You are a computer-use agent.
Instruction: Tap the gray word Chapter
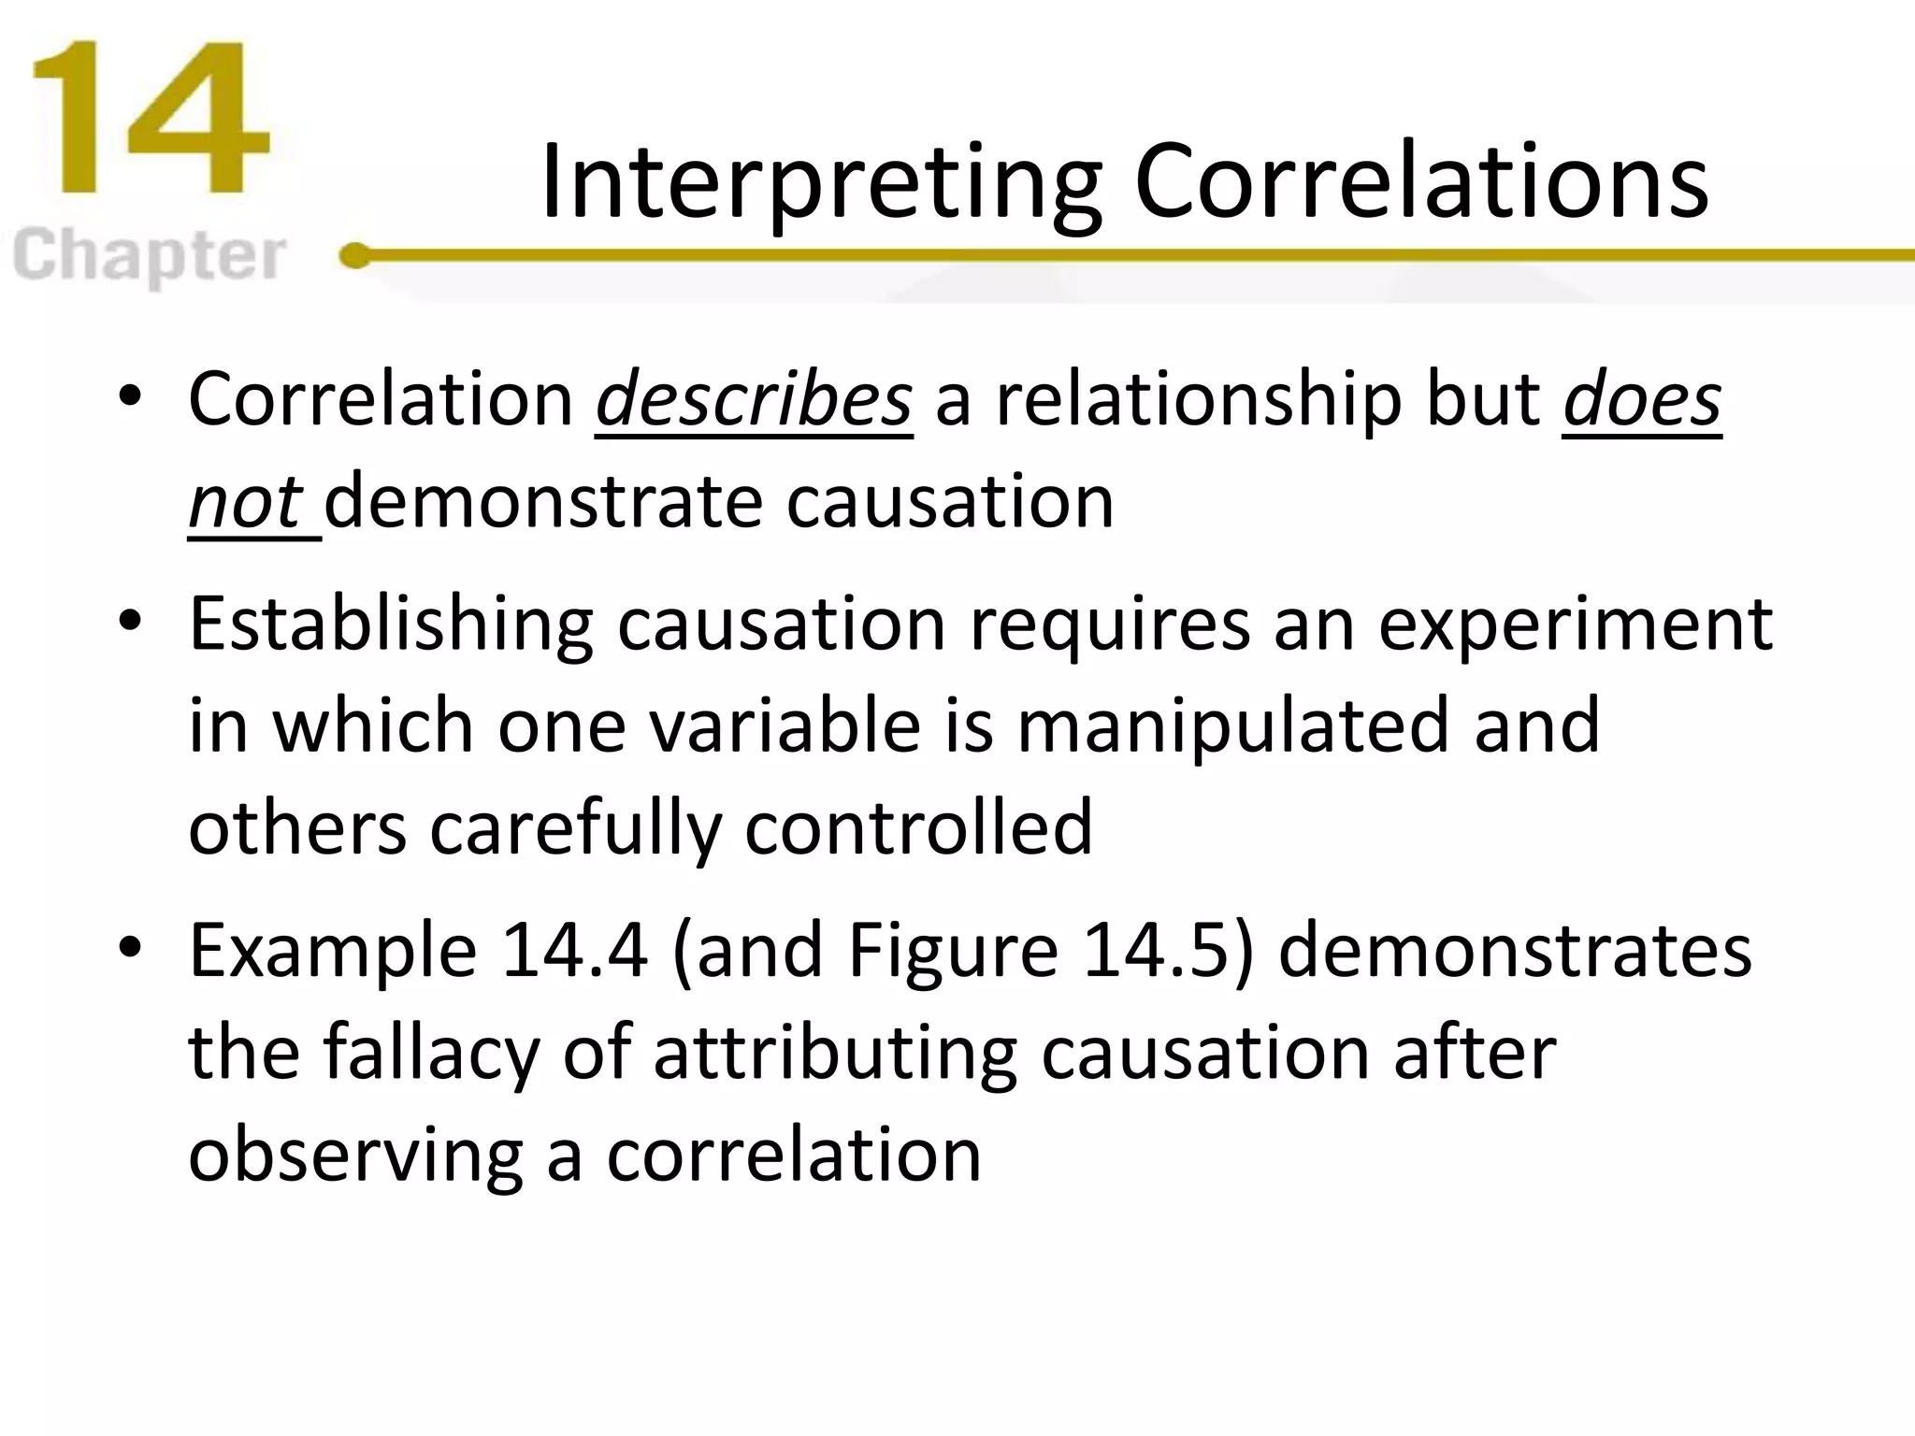point(150,257)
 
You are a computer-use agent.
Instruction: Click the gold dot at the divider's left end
point(354,254)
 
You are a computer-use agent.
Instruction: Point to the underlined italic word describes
point(754,400)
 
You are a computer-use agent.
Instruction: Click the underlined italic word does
point(1642,400)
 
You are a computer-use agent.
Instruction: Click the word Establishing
point(391,625)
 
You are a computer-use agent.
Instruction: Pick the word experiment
point(1575,625)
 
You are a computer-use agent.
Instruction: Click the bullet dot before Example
point(130,946)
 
